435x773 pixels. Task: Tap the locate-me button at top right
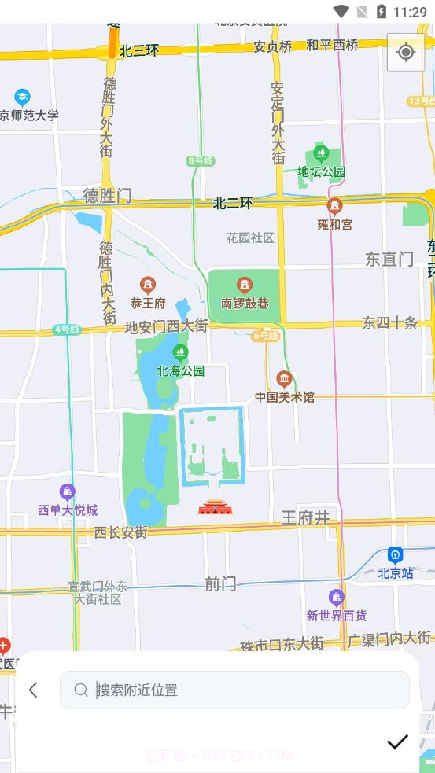[406, 52]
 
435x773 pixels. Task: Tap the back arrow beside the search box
[33, 690]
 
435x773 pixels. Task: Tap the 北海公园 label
[180, 370]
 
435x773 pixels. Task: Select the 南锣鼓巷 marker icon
[245, 285]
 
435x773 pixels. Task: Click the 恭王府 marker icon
[147, 285]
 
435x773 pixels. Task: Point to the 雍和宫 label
[335, 224]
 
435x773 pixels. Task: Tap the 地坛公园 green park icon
[320, 153]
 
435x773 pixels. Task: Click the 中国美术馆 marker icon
[284, 379]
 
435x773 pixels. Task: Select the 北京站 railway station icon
[396, 555]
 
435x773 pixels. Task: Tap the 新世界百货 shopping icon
[337, 598]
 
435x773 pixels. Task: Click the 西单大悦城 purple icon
[68, 493]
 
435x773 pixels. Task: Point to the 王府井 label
[305, 517]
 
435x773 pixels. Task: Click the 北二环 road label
[233, 203]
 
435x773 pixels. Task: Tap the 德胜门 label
[108, 196]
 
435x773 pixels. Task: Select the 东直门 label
[389, 259]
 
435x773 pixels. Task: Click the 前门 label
[220, 583]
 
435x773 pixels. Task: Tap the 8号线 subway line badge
[201, 160]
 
